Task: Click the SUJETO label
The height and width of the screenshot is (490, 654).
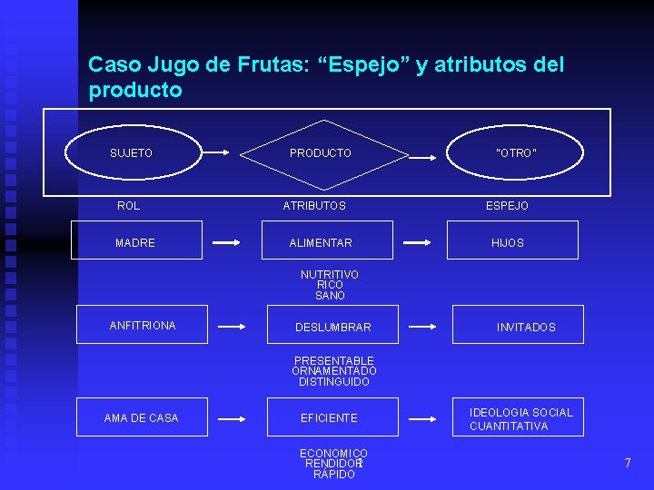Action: point(131,153)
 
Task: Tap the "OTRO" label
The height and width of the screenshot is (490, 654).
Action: point(516,153)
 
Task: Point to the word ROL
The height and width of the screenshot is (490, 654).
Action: point(129,206)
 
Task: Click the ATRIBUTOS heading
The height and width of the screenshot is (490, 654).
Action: point(314,206)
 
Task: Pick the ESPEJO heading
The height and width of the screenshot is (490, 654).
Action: point(507,206)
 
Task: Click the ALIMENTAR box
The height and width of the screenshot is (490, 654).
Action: point(330,241)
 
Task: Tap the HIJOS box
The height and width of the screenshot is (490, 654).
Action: point(512,241)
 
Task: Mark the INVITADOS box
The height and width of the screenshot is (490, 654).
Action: point(518,326)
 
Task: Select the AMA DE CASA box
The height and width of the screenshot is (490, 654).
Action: point(141,417)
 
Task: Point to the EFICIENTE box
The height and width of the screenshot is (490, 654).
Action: point(330,417)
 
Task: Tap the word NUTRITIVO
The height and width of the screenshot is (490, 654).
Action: point(330,274)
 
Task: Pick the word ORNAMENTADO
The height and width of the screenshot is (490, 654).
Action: point(334,371)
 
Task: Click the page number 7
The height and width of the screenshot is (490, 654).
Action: point(627,464)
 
